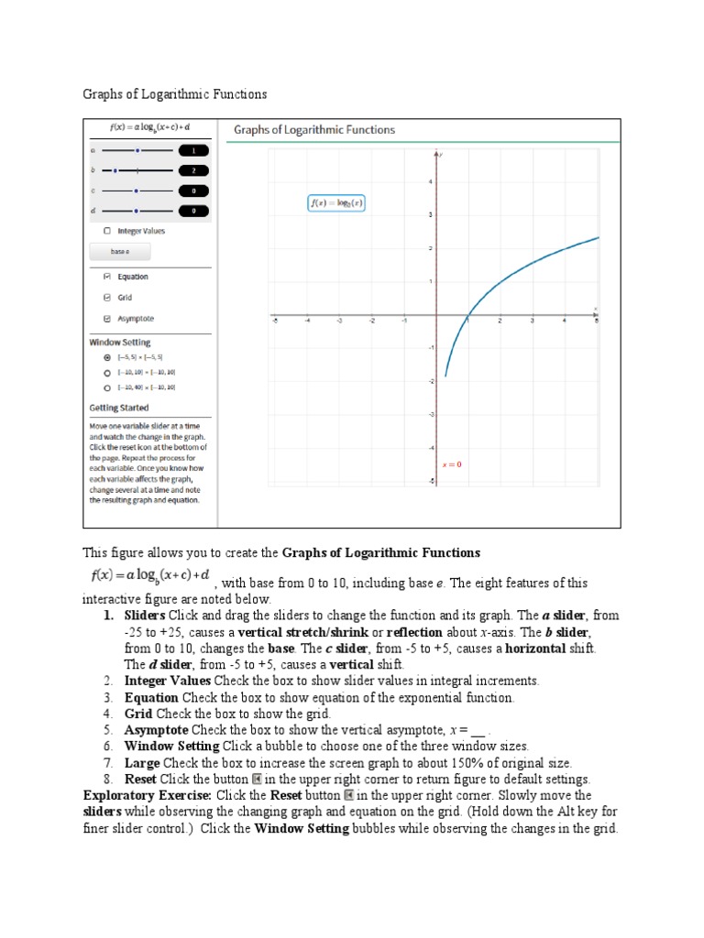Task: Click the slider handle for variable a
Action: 137,149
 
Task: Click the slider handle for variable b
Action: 115,169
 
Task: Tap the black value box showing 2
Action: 193,170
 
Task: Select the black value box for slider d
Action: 193,212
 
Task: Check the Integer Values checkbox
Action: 107,232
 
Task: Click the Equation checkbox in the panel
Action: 107,277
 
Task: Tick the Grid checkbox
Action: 107,298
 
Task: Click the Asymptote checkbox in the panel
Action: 107,319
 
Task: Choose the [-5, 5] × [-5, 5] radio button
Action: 107,356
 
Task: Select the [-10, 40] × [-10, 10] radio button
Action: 107,387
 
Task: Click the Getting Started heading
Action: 118,408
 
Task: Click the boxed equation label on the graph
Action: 335,203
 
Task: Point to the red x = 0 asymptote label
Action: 452,464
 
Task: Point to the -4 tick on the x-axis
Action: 307,322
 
